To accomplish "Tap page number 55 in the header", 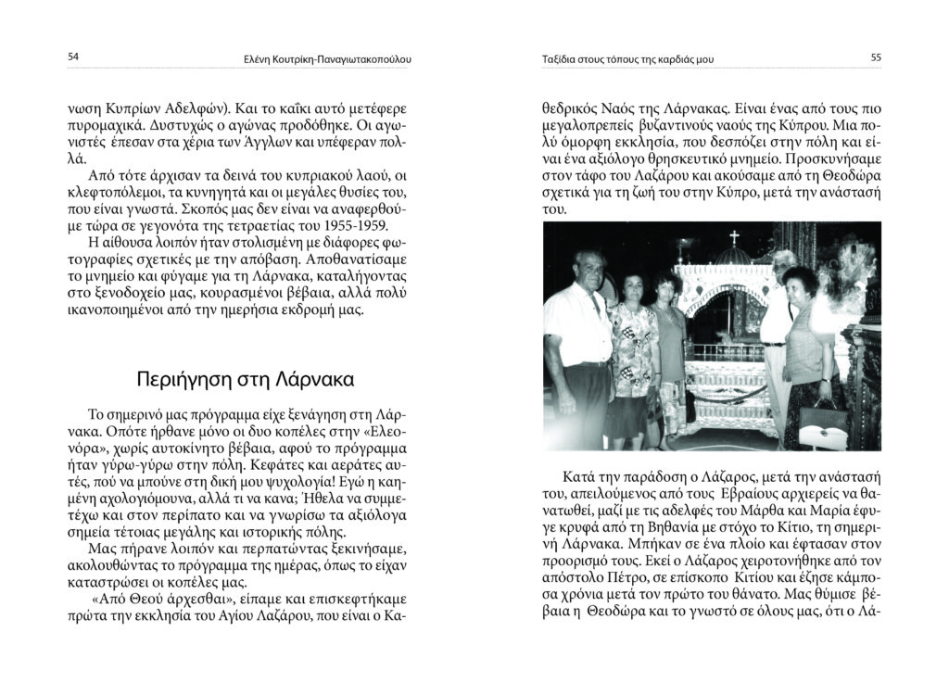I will [x=875, y=57].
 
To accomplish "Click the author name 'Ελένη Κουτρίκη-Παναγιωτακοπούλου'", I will [x=322, y=60].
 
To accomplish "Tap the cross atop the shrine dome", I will [x=734, y=237].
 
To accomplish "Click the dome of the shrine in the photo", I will [x=733, y=256].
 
